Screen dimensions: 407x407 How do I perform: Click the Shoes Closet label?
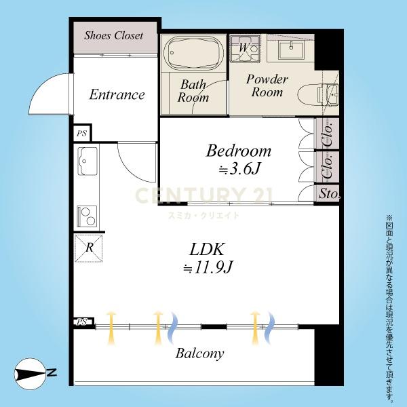(x=113, y=35)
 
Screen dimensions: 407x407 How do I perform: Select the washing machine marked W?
(x=245, y=49)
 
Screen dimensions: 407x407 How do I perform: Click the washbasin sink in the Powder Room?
(x=291, y=50)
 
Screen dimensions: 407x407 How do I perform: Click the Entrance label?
(x=117, y=94)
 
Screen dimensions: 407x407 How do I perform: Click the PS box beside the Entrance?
(x=82, y=133)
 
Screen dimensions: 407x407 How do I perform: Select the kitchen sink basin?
(x=88, y=161)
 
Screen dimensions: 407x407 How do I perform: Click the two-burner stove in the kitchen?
(x=87, y=216)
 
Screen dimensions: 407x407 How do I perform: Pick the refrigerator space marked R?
(x=89, y=248)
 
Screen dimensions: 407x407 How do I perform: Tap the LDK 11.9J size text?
(x=207, y=267)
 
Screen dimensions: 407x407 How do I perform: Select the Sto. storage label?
(x=328, y=193)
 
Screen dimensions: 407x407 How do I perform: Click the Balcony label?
(x=199, y=353)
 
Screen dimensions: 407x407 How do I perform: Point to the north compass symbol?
(x=35, y=374)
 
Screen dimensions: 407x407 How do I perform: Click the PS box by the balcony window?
(x=83, y=322)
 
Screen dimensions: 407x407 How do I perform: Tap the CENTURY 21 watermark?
(x=203, y=195)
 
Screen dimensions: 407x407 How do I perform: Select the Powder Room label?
(x=267, y=85)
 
